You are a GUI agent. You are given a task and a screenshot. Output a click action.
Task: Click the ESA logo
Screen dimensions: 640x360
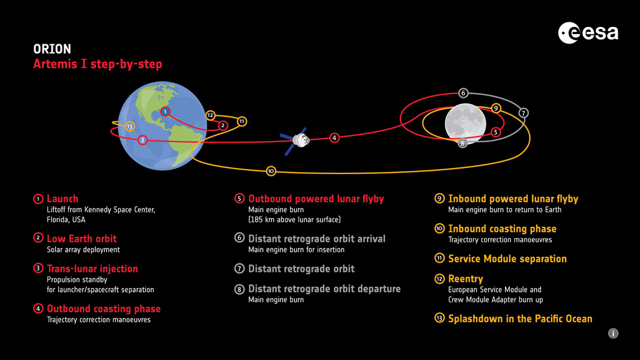click(x=588, y=32)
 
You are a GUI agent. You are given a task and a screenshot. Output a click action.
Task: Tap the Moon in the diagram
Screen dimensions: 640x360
click(x=465, y=124)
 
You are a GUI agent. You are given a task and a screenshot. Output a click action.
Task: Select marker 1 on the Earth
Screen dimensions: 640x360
click(x=166, y=112)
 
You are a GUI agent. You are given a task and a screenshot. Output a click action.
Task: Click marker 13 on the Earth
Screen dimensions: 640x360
click(x=130, y=126)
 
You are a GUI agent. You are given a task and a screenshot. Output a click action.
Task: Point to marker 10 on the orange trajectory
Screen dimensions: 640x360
click(x=271, y=171)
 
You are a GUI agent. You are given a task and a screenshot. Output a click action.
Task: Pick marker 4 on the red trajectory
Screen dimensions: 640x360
click(x=334, y=138)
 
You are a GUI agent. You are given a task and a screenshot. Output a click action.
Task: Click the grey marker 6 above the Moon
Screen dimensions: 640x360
click(x=463, y=93)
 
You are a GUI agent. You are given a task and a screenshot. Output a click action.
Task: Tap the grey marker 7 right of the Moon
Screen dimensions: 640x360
click(x=523, y=113)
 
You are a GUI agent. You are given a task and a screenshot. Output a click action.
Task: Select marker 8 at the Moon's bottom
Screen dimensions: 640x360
click(x=462, y=143)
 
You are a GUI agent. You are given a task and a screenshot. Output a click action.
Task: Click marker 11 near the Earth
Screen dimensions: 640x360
click(x=241, y=121)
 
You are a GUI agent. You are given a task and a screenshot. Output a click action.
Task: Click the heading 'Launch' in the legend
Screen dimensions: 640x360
click(x=62, y=199)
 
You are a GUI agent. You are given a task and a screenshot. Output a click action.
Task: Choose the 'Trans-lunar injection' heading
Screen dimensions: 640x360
click(x=92, y=269)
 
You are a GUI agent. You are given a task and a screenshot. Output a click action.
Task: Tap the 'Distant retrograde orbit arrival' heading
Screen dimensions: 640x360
click(x=316, y=239)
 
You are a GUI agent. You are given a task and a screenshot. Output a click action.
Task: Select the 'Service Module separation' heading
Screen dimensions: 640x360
click(x=507, y=259)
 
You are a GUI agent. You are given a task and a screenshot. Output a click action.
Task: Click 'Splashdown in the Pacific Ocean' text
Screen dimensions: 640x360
click(x=520, y=319)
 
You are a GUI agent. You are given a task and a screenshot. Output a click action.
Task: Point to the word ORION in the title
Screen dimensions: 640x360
click(x=52, y=49)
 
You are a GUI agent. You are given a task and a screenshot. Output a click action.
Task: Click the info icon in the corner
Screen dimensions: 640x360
click(x=613, y=333)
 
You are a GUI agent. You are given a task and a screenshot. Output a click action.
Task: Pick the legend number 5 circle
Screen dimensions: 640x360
click(x=239, y=199)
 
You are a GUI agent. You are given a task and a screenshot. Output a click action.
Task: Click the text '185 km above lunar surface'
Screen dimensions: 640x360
click(x=294, y=220)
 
